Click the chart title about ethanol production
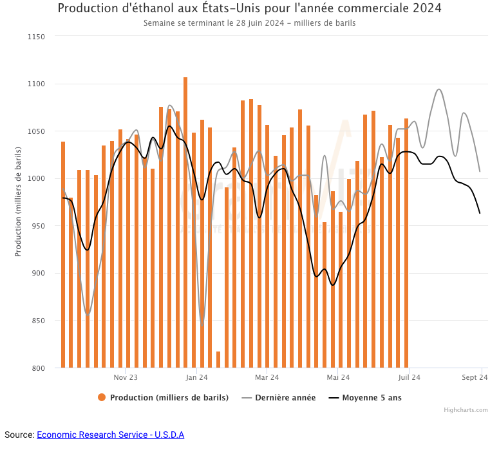coord(249,8)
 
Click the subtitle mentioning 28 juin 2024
coord(249,23)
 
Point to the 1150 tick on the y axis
coord(36,37)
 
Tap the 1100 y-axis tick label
coord(36,84)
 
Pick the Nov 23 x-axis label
coord(126,377)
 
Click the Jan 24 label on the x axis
coord(196,377)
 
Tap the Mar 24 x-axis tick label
coord(267,377)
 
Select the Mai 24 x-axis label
coord(338,377)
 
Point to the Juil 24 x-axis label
coord(409,377)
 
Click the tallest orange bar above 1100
coord(185,219)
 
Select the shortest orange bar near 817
coord(218,360)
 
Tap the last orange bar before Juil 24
coord(406,245)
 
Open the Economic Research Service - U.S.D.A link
coord(110,435)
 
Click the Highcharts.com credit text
coord(466,410)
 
